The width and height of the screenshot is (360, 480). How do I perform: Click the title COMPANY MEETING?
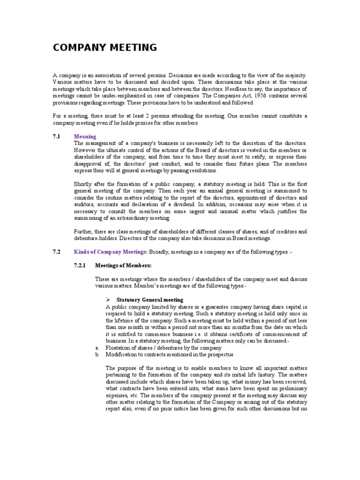(x=105, y=47)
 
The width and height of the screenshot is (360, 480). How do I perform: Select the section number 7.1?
(x=56, y=136)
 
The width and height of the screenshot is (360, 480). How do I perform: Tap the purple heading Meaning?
(x=85, y=136)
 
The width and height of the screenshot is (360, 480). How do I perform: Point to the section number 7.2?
(x=56, y=252)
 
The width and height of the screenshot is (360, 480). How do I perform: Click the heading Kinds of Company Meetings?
(x=110, y=252)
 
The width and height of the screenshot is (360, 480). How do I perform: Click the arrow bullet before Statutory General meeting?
(x=108, y=300)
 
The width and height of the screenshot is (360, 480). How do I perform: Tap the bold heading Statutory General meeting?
(x=150, y=300)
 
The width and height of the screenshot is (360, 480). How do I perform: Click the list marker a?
(x=96, y=348)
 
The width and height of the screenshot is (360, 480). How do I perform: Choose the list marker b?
(x=96, y=355)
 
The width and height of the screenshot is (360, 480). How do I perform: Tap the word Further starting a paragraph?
(x=85, y=232)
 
